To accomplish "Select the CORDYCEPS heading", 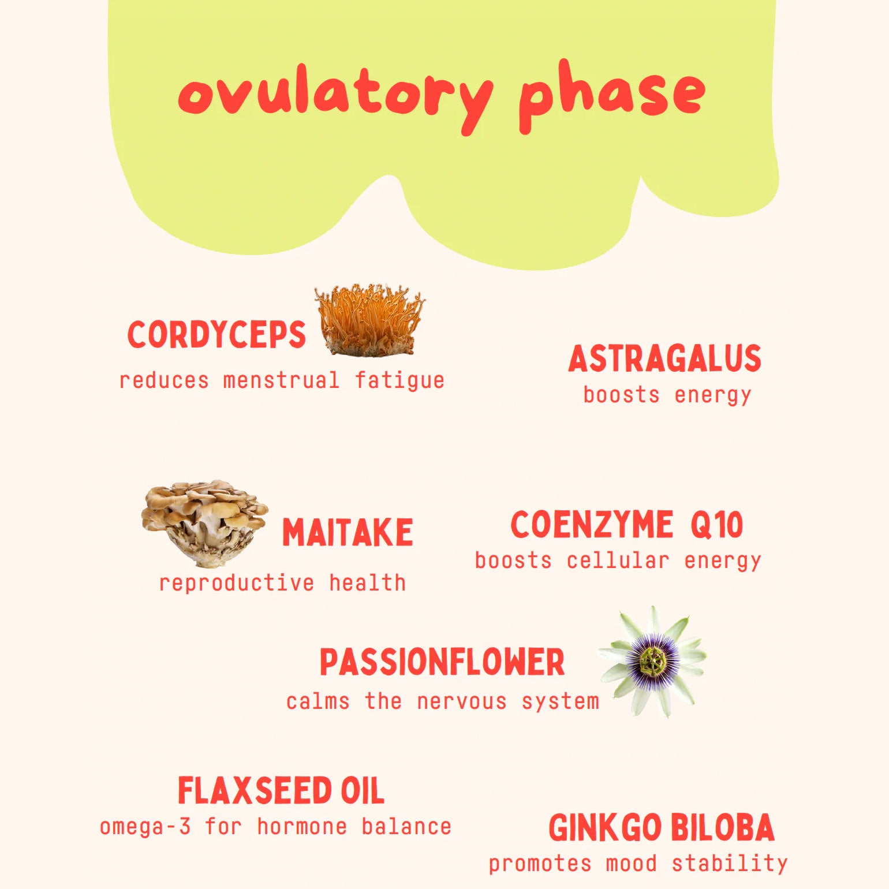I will click(x=216, y=334).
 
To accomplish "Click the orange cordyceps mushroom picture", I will click(x=369, y=320).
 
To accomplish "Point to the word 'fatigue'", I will click(x=399, y=381).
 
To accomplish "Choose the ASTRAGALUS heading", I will click(x=665, y=358).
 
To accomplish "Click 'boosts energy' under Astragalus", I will click(x=667, y=395).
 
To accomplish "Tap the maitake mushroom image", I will click(x=205, y=522).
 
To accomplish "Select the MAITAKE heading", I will click(x=348, y=532).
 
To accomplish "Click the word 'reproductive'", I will click(x=236, y=584).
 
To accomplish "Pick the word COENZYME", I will click(x=592, y=525).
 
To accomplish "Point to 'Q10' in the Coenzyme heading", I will click(x=716, y=525).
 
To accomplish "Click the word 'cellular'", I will click(x=618, y=561).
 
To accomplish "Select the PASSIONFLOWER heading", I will click(x=442, y=662).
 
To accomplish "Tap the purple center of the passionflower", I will click(x=653, y=661).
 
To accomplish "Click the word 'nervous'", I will click(x=462, y=702).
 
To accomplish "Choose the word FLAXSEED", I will click(x=254, y=791).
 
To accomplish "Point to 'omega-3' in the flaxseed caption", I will click(x=145, y=827).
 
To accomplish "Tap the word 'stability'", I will click(x=730, y=864).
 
